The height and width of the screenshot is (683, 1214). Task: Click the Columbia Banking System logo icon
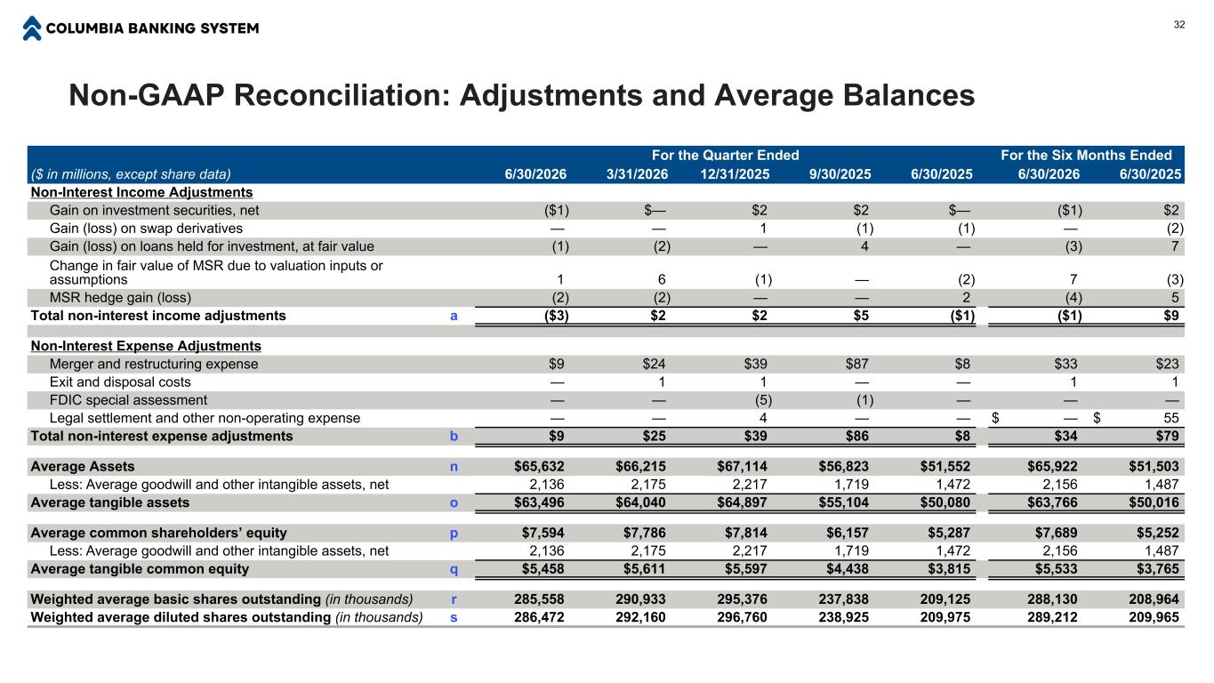click(x=32, y=28)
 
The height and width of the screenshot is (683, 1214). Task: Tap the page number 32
click(x=1178, y=25)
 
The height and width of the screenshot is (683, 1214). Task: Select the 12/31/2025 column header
click(x=735, y=174)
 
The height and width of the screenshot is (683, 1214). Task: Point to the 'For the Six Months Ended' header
click(x=1086, y=155)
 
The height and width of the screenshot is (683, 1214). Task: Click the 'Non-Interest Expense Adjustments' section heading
click(x=146, y=346)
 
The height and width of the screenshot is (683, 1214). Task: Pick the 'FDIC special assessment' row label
click(x=128, y=400)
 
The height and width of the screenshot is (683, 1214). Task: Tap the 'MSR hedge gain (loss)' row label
click(x=120, y=298)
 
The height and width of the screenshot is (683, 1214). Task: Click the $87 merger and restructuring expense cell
click(x=856, y=364)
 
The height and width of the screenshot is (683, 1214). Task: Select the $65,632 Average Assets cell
click(x=539, y=466)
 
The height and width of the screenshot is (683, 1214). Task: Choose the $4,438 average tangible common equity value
click(x=847, y=568)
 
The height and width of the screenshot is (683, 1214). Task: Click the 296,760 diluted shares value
click(x=742, y=617)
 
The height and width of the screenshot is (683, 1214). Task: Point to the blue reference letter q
click(x=454, y=570)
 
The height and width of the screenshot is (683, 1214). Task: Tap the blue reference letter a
click(x=454, y=316)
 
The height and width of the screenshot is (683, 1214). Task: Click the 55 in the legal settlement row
click(x=1170, y=418)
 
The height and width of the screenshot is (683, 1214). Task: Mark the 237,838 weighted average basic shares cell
click(x=843, y=599)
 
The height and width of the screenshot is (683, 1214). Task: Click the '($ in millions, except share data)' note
click(x=131, y=174)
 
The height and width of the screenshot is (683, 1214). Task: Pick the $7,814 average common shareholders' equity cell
click(x=745, y=533)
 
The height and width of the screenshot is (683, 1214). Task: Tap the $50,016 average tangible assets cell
click(x=1154, y=502)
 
